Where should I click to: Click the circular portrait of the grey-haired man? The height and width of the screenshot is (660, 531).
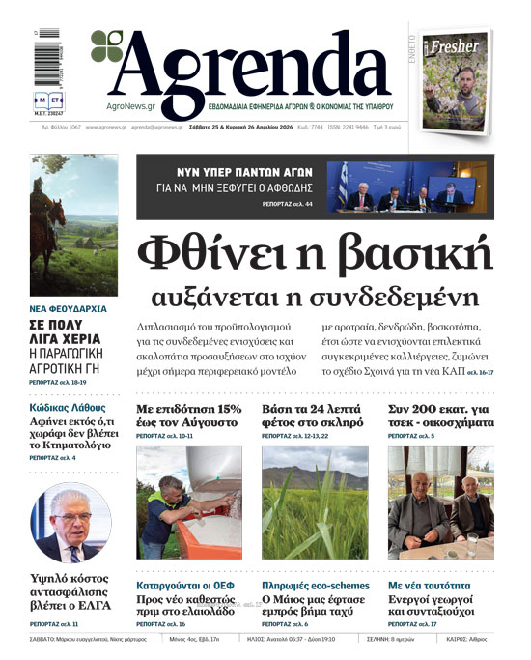[x=70, y=523]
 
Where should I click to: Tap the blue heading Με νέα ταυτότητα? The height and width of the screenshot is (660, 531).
[x=430, y=586]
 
